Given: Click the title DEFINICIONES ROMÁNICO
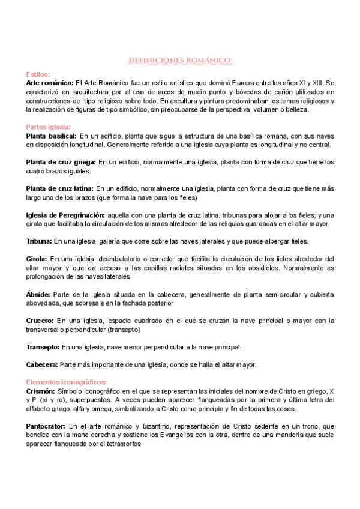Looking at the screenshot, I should (x=181, y=61).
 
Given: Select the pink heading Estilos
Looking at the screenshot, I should (x=38, y=73).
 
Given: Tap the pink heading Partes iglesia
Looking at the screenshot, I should (x=49, y=127).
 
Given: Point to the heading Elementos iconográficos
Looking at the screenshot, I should (x=67, y=382).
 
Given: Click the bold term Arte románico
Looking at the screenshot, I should (x=50, y=82).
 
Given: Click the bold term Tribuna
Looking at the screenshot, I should (x=39, y=241).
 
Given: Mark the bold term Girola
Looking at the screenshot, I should (x=37, y=259).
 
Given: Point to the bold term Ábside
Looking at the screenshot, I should (x=38, y=295).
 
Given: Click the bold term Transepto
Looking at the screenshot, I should (x=43, y=347).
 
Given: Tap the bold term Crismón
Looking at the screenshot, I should (x=40, y=391).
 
